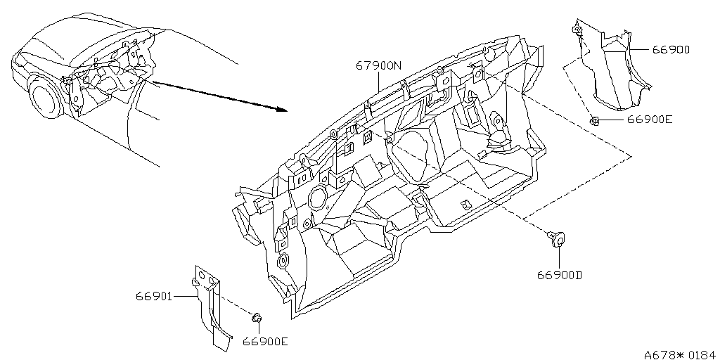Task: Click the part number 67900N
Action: [378, 65]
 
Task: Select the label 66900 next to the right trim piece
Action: [671, 50]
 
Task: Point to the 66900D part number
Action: [560, 275]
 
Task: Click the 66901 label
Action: [154, 297]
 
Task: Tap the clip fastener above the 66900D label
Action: [556, 239]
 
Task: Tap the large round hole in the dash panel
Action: [316, 198]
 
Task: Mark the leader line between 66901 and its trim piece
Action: [185, 297]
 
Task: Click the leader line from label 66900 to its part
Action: [641, 49]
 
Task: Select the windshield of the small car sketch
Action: [45, 49]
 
